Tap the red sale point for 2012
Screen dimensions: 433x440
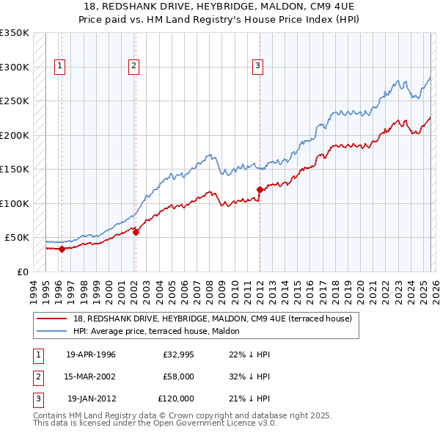pyautogui.click(x=260, y=189)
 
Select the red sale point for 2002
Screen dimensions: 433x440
pyautogui.click(x=136, y=232)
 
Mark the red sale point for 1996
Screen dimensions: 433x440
pyautogui.click(x=62, y=249)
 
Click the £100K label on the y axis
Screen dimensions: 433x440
pyautogui.click(x=14, y=203)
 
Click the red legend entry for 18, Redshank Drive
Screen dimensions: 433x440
pyautogui.click(x=213, y=319)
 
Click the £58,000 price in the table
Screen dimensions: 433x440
pyautogui.click(x=178, y=376)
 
